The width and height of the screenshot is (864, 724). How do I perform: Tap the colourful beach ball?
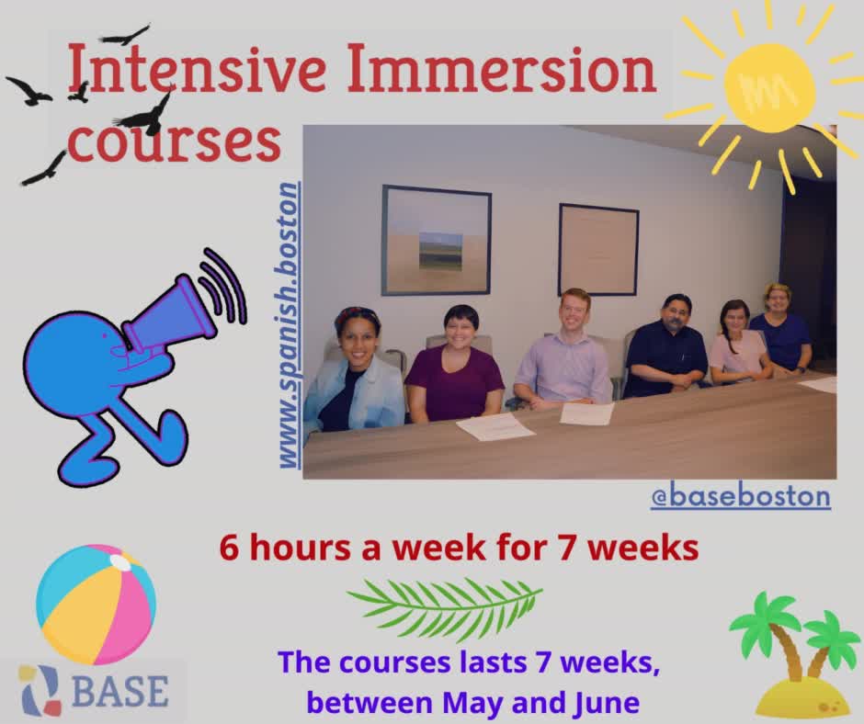click(x=96, y=605)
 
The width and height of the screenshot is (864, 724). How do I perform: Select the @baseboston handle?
click(x=740, y=496)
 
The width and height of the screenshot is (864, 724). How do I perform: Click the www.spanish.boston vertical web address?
click(x=289, y=326)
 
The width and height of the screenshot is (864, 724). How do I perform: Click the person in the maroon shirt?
click(x=454, y=368)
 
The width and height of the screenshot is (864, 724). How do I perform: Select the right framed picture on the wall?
click(x=597, y=248)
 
